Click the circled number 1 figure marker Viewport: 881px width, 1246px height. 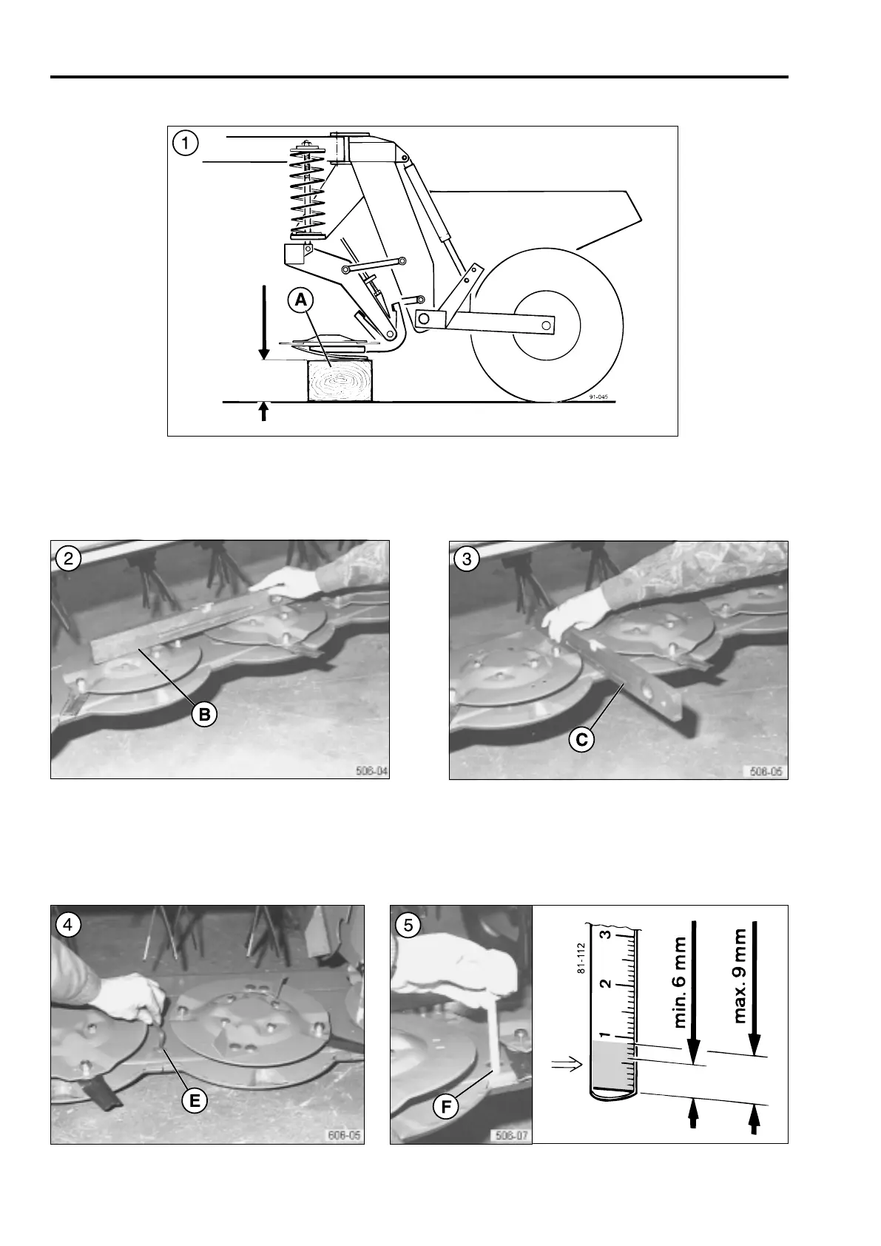[185, 143]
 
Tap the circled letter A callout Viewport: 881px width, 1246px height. [301, 300]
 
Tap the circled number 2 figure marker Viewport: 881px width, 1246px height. [68, 559]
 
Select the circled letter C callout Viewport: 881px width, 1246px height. [582, 739]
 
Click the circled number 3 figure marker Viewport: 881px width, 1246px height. [467, 559]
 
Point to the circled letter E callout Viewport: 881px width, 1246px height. [194, 1100]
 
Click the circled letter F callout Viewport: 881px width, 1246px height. [446, 1108]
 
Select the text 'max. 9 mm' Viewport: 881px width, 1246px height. [740, 977]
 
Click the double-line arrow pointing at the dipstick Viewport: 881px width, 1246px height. [567, 1065]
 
